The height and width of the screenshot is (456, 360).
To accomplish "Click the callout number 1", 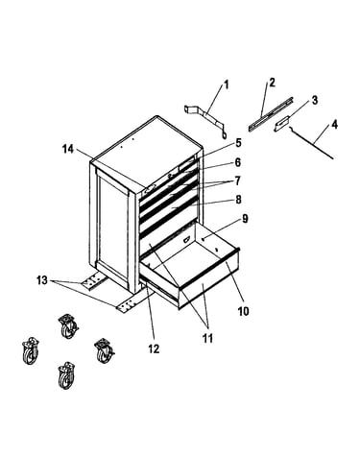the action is pyautogui.click(x=227, y=85).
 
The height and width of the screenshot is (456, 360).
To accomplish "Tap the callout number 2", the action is pyautogui.click(x=272, y=83).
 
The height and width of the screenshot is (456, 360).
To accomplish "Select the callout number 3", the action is pyautogui.click(x=315, y=100).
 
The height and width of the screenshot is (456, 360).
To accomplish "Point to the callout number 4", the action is pyautogui.click(x=334, y=125).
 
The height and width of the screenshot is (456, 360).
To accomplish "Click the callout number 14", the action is pyautogui.click(x=68, y=149).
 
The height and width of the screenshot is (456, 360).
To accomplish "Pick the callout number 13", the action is pyautogui.click(x=42, y=280).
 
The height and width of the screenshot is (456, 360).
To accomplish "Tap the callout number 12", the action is pyautogui.click(x=154, y=348).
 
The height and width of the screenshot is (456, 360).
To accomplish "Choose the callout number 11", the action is pyautogui.click(x=207, y=338).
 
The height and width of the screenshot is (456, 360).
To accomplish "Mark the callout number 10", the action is pyautogui.click(x=243, y=311).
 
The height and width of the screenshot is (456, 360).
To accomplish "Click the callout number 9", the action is pyautogui.click(x=245, y=219).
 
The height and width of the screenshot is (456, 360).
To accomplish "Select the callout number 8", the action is pyautogui.click(x=238, y=200).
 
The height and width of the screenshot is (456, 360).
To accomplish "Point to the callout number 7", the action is pyautogui.click(x=237, y=181).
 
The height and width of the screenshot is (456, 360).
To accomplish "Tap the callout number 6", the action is pyautogui.click(x=238, y=162).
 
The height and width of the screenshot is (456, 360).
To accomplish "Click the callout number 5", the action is pyautogui.click(x=238, y=143).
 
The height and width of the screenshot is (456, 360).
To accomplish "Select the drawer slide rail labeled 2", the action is pyautogui.click(x=271, y=114).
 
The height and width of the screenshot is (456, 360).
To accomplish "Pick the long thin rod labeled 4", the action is pyautogui.click(x=312, y=143).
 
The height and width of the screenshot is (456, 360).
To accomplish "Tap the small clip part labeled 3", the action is pyautogui.click(x=282, y=124).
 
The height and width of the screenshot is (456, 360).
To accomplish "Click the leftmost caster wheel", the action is pyautogui.click(x=31, y=351).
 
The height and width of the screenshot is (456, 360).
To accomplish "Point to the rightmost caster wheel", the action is pyautogui.click(x=105, y=350).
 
